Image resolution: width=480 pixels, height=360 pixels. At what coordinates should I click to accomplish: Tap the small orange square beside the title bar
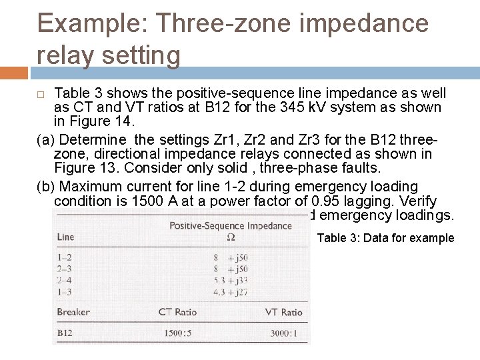[13, 73]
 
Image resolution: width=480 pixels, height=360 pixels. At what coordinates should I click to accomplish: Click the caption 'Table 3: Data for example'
[385, 238]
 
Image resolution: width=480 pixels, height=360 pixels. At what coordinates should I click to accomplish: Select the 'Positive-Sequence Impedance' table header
[231, 225]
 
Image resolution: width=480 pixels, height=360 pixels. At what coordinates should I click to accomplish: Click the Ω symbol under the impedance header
[231, 237]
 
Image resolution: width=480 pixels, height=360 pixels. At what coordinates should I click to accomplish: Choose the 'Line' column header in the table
[66, 237]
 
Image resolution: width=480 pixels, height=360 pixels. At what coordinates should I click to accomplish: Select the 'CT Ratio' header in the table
[178, 312]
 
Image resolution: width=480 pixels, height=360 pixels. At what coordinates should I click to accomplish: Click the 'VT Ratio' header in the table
[283, 312]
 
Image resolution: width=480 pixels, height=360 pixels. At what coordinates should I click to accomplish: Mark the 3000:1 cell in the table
[283, 333]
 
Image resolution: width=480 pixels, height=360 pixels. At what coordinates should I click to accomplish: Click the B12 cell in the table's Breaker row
[65, 333]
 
